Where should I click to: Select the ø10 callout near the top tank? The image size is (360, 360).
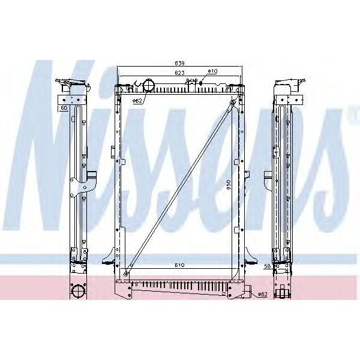click(212, 71)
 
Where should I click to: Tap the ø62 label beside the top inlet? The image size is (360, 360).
click(136, 100)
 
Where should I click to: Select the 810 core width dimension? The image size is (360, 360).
click(179, 265)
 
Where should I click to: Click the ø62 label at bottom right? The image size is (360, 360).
click(262, 295)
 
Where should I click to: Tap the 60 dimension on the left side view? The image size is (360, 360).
click(63, 109)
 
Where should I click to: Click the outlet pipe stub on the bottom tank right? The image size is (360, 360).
click(248, 293)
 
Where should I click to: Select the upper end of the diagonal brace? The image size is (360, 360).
click(233, 104)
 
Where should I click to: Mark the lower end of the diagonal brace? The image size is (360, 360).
click(126, 274)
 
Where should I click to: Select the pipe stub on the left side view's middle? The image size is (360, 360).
click(92, 176)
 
